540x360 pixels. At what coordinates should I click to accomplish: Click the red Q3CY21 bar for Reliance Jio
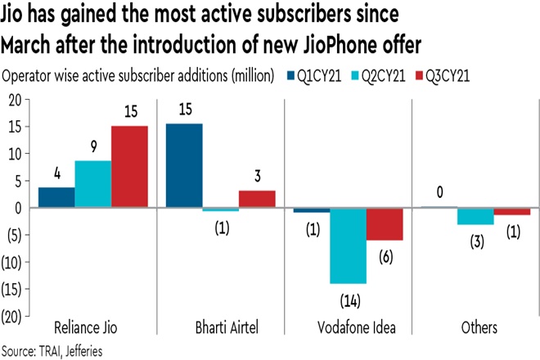[130, 167]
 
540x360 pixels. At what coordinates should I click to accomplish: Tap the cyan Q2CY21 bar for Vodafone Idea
[348, 245]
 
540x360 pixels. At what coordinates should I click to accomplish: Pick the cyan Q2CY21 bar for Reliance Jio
[93, 184]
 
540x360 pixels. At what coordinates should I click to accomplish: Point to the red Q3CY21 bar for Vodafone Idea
[385, 223]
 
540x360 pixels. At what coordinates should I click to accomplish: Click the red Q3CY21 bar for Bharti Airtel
[257, 199]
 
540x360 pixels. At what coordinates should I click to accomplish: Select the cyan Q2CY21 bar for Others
[475, 216]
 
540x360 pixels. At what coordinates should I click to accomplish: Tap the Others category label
[477, 328]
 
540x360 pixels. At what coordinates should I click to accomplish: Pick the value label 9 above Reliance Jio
[93, 147]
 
